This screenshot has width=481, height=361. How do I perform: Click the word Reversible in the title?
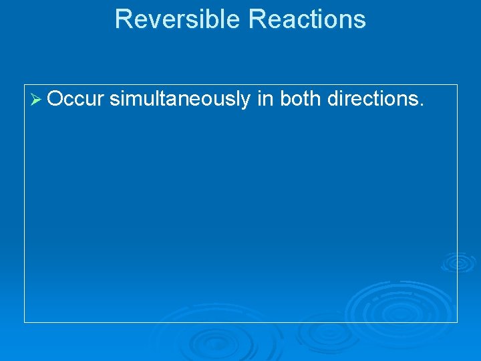(x=178, y=19)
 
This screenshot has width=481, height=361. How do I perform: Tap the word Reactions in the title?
(x=307, y=19)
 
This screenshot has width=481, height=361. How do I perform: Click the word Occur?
(x=76, y=99)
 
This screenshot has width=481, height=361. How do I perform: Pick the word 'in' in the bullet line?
(x=265, y=99)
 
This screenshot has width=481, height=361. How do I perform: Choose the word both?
(x=299, y=99)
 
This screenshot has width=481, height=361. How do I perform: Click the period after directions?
(x=422, y=105)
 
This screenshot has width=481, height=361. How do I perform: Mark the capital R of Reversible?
(x=122, y=19)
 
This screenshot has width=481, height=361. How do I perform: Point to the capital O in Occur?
(x=55, y=99)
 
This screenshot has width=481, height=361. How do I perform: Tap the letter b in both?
(x=285, y=99)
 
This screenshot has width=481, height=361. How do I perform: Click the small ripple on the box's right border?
(x=458, y=262)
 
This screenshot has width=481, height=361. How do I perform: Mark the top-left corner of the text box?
(x=25, y=85)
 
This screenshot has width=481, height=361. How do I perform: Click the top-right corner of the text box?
(x=458, y=85)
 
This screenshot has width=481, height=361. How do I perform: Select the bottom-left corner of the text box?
(x=25, y=322)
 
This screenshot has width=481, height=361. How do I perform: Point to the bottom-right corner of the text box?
(x=458, y=322)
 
